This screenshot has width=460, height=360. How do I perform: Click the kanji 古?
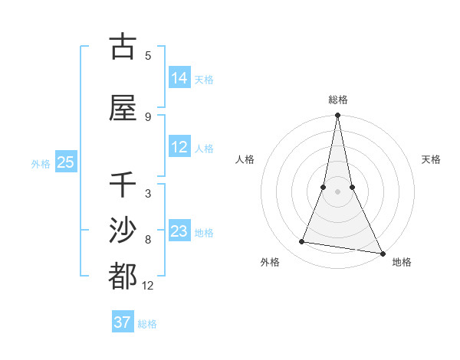[123, 47]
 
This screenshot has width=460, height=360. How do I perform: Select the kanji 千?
[123, 185]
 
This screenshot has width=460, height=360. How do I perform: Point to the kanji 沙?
[123, 231]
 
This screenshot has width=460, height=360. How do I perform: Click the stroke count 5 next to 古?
[148, 56]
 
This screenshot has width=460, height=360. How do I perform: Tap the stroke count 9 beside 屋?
[148, 116]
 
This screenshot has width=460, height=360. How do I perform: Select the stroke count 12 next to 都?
[148, 286]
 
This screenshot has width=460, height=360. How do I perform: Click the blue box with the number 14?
[179, 78]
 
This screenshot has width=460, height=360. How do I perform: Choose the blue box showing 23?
[179, 231]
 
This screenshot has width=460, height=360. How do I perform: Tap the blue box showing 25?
[65, 162]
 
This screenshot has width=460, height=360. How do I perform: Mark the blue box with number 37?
[122, 322]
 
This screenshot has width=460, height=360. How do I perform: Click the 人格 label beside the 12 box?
[204, 149]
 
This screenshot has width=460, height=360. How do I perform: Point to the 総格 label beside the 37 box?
[147, 324]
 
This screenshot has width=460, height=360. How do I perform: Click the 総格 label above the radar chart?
[337, 100]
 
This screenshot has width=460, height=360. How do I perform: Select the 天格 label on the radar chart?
[431, 159]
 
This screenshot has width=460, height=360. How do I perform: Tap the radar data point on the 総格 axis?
[337, 116]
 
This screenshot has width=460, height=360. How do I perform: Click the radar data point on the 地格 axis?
[382, 253]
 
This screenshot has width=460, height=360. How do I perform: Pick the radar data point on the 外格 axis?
[302, 242]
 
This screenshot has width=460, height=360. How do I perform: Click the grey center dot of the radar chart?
[337, 191]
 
